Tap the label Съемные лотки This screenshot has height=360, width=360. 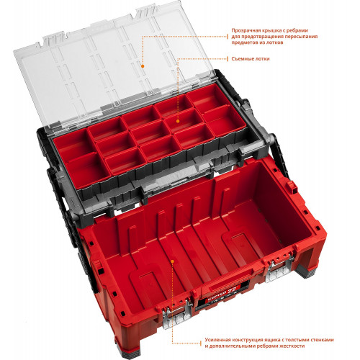coord(251,59)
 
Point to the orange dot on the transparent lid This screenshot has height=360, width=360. coord(143,66)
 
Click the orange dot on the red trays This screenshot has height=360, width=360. coord(178,121)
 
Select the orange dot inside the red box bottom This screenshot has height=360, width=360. coord(172,261)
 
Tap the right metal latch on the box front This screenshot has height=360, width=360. coord(280,269)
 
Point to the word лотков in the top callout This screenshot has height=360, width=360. coord(274,42)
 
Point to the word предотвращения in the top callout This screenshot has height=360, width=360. coord(263,37)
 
